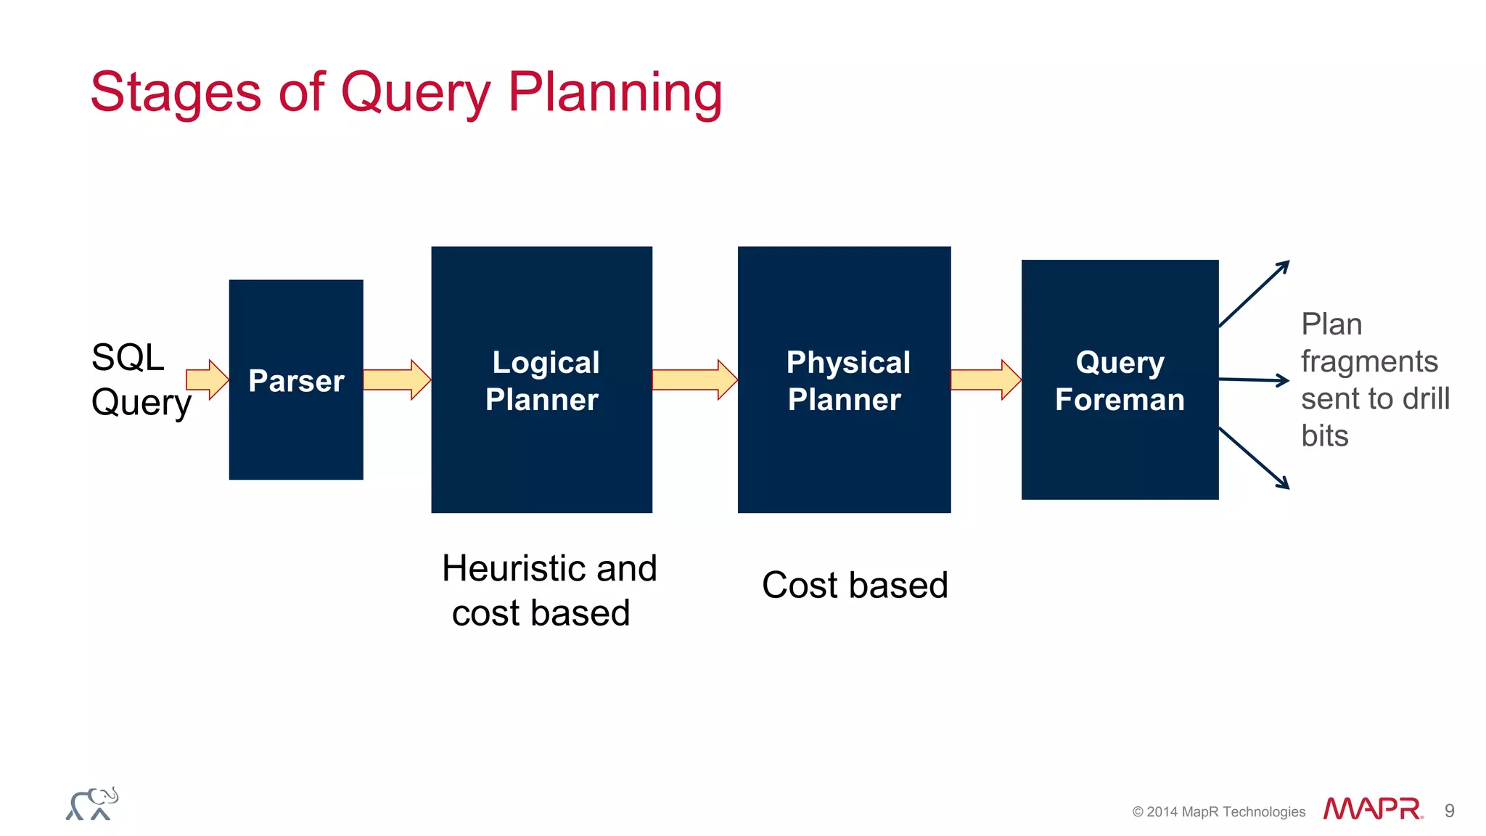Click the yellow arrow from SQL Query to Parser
pyautogui.click(x=207, y=380)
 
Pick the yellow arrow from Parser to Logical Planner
pyautogui.click(x=396, y=380)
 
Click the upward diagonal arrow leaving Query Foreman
pyautogui.click(x=1254, y=294)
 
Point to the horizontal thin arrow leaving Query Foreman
pyautogui.click(x=1253, y=380)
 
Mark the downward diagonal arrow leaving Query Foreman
pyautogui.click(x=1254, y=458)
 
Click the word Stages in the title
pyautogui.click(x=175, y=92)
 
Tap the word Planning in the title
pyautogui.click(x=615, y=92)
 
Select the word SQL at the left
pyautogui.click(x=128, y=358)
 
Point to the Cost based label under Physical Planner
pyautogui.click(x=855, y=585)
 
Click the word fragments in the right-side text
pyautogui.click(x=1368, y=361)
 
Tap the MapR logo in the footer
pyautogui.click(x=1372, y=809)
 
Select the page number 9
pyautogui.click(x=1449, y=811)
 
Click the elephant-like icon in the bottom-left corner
pyautogui.click(x=92, y=804)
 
